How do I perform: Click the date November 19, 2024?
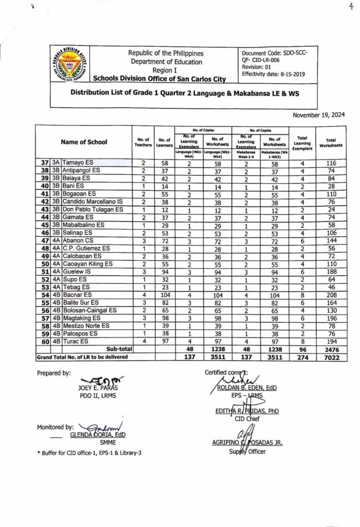coord(319,115)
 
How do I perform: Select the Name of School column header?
coord(84,142)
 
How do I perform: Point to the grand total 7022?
coord(331,358)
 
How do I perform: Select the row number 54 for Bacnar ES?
coord(44,296)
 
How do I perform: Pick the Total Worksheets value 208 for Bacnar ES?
coord(331,296)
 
